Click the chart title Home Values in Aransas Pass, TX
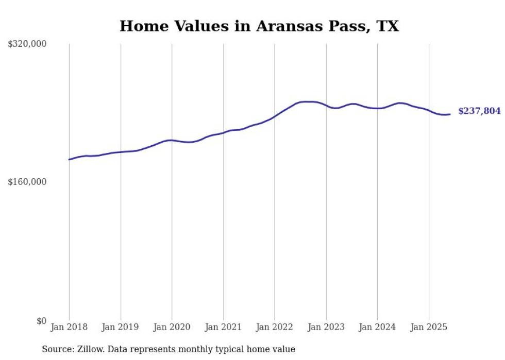tap(259, 26)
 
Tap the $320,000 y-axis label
tap(27, 44)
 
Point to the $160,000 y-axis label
tap(27, 182)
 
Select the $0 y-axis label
tap(41, 321)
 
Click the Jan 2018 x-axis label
tap(69, 327)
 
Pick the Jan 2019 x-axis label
tap(121, 327)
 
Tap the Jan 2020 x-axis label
tap(172, 327)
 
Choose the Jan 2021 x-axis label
tap(223, 327)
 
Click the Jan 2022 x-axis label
tap(275, 327)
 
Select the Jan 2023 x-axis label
tap(326, 327)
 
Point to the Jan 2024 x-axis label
tap(377, 327)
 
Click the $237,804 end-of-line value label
tap(479, 111)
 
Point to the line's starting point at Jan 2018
tap(69, 160)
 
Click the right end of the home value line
tap(450, 114)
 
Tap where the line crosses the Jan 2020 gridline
tap(172, 140)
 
